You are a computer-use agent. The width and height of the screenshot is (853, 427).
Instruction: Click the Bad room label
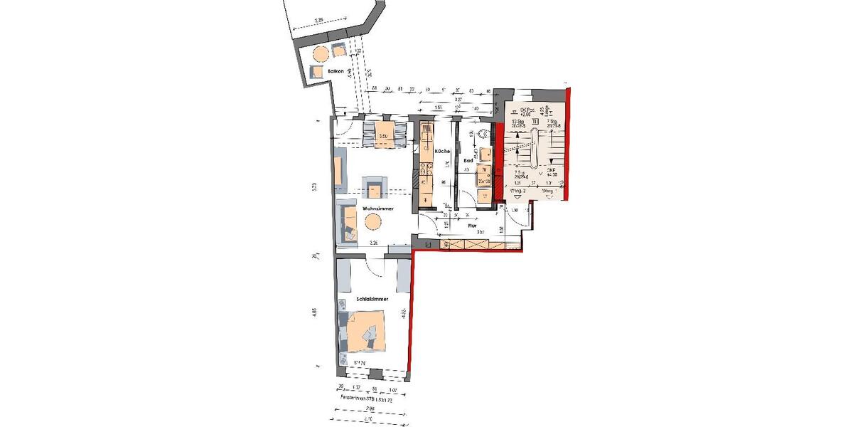pos(469,162)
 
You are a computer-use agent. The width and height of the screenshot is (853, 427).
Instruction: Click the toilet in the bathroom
pos(485,133)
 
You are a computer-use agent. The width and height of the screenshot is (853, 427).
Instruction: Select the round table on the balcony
pos(321,54)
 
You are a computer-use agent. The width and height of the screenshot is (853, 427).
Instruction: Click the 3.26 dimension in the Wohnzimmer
pos(375,244)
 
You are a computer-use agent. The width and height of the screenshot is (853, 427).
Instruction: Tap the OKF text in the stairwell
pos(551,171)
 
